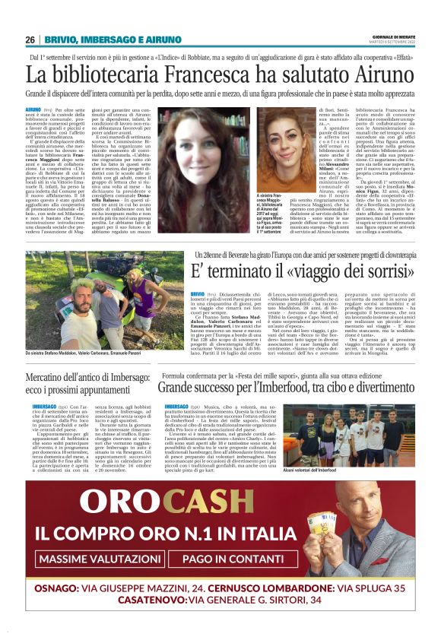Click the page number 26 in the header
(x=31, y=40)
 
